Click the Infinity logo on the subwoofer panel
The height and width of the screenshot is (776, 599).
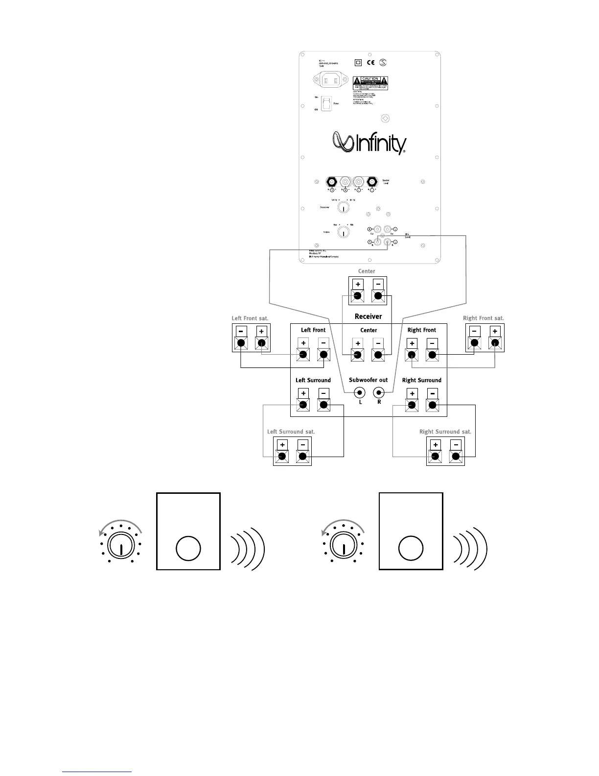tap(369, 143)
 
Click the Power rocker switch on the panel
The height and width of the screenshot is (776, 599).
tap(326, 103)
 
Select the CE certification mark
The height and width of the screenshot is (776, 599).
tap(371, 62)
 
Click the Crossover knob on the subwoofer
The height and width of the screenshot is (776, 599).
tap(344, 208)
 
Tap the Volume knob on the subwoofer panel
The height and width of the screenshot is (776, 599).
tap(344, 232)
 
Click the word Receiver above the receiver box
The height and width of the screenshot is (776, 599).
tap(368, 316)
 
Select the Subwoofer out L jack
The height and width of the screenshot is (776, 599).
tap(360, 392)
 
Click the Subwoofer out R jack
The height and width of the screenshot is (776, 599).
tap(379, 392)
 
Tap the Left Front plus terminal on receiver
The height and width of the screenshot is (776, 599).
tap(303, 355)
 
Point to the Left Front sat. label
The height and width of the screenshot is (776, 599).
tap(250, 318)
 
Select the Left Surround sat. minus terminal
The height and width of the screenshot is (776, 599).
tap(302, 457)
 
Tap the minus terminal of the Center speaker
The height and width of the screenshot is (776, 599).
tap(377, 296)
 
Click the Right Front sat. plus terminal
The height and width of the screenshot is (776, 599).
tap(495, 343)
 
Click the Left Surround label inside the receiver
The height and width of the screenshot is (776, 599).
tap(313, 380)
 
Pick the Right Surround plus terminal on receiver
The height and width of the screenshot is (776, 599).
tap(412, 405)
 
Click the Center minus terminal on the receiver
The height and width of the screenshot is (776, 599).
tap(378, 355)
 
